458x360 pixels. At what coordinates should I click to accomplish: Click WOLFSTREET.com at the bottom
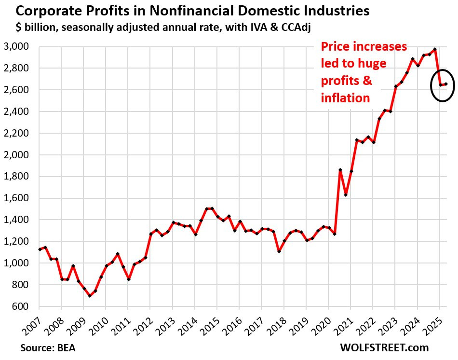coord(384,347)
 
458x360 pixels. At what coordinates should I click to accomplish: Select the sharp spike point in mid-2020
coord(340,170)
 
